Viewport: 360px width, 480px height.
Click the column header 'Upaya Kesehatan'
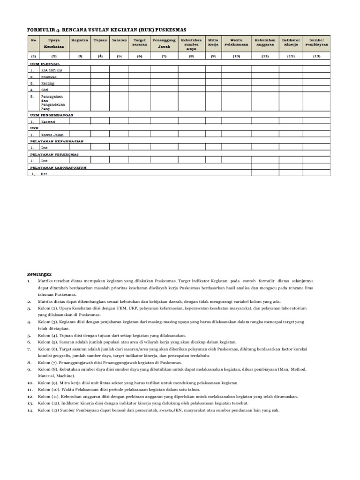[54, 44]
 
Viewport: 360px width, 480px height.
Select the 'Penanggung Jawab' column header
[164, 44]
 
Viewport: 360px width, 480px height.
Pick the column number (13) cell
[317, 56]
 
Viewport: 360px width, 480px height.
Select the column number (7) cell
[164, 56]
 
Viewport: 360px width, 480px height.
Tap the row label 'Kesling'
[48, 83]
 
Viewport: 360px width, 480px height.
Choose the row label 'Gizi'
[45, 89]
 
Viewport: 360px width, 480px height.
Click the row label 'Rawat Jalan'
[52, 135]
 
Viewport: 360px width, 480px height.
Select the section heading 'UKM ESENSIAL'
[45, 63]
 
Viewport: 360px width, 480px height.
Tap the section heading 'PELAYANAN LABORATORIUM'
[59, 167]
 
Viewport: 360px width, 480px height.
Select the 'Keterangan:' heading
[40, 274]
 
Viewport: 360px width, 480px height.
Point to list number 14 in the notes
[31, 410]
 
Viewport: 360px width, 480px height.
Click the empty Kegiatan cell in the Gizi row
[80, 89]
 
